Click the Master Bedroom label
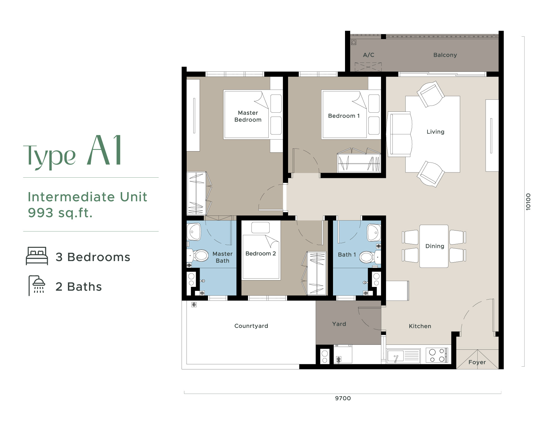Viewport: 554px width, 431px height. (x=248, y=116)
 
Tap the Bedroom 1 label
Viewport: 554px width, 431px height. (x=344, y=116)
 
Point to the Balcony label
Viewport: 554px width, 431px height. (x=445, y=55)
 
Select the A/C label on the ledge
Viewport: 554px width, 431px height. (x=368, y=55)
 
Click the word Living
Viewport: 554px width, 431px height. (x=435, y=132)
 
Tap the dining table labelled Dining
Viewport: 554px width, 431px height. (x=434, y=246)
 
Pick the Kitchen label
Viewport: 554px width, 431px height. (x=420, y=326)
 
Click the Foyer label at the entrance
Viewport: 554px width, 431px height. (x=477, y=362)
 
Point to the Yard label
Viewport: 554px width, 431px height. (x=339, y=324)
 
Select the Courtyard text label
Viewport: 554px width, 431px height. (x=251, y=326)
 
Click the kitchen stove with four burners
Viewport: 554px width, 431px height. (x=437, y=355)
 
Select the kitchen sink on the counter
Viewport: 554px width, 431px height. (x=395, y=356)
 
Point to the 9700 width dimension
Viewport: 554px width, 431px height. (x=343, y=398)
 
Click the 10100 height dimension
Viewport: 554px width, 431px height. (x=528, y=202)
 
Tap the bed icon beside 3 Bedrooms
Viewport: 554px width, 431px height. (x=37, y=256)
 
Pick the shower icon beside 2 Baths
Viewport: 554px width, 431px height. (x=37, y=285)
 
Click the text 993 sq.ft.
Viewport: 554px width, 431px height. (x=60, y=213)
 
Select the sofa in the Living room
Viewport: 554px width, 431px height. (x=399, y=134)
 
